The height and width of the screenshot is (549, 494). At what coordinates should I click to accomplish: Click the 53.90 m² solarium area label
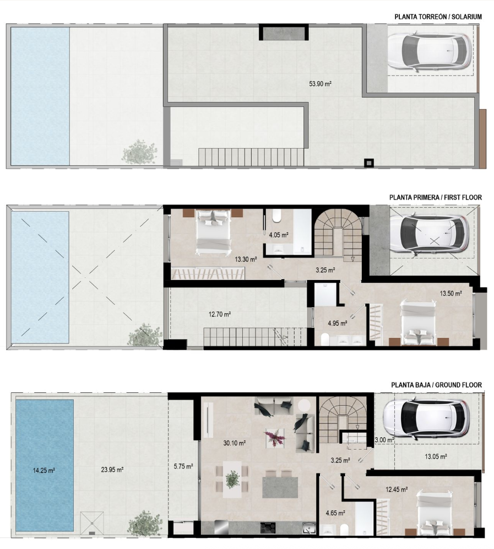(x=320, y=84)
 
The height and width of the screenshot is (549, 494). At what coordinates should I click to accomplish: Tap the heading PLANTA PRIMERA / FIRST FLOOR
(x=435, y=197)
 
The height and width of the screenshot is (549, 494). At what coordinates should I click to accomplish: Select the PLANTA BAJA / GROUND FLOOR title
(x=436, y=385)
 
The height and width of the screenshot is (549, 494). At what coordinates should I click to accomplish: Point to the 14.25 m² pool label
(x=44, y=471)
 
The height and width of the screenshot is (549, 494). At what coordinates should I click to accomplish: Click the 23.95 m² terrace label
(x=112, y=470)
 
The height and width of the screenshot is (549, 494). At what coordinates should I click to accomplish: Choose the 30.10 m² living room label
(x=235, y=443)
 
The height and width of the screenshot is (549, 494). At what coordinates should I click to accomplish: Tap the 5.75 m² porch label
(x=183, y=466)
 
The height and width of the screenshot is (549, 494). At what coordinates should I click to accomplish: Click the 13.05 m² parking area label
(x=436, y=456)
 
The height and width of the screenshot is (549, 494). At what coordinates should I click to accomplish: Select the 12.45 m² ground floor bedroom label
(x=397, y=489)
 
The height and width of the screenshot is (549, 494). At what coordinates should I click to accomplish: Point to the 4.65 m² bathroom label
(x=335, y=513)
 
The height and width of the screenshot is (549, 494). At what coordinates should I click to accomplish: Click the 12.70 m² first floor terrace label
(x=220, y=314)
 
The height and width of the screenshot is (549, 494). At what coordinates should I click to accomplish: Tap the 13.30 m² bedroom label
(x=246, y=260)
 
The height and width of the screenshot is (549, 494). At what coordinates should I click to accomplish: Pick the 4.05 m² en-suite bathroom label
(x=279, y=235)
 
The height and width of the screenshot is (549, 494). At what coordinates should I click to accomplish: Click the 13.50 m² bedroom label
(x=451, y=293)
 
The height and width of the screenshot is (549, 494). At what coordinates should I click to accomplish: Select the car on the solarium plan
(x=430, y=50)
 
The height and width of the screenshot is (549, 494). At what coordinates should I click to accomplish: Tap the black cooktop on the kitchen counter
(x=268, y=528)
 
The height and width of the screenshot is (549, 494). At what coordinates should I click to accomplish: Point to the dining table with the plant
(x=232, y=479)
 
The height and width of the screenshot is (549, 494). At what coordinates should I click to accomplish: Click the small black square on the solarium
(x=369, y=163)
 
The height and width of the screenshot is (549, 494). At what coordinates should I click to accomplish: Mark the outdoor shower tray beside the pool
(x=92, y=523)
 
